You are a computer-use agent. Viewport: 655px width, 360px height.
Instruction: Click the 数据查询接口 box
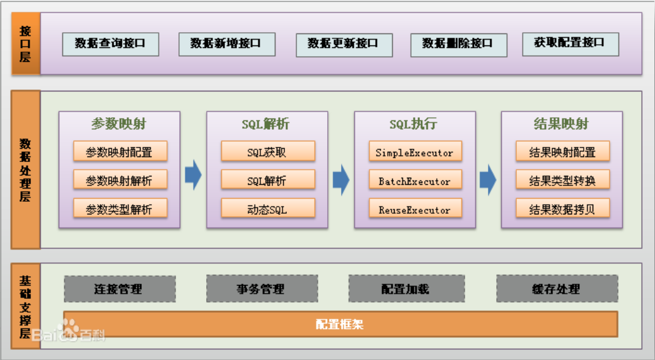(x=110, y=44)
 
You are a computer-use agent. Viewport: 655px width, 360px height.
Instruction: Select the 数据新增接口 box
(x=226, y=44)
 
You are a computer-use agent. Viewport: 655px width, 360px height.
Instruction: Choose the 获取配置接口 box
(x=570, y=44)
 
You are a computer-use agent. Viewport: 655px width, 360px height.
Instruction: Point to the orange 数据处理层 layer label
(x=26, y=170)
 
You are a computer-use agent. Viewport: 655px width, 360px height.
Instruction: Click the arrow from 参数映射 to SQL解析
(x=193, y=176)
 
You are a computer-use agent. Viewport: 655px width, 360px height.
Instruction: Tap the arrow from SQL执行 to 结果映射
(x=487, y=180)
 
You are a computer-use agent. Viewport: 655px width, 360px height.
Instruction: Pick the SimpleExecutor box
(x=415, y=153)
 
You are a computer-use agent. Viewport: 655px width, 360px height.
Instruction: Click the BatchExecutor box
(x=415, y=182)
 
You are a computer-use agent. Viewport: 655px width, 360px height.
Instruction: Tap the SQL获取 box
(x=267, y=152)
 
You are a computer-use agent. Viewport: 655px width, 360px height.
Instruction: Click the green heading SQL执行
(x=414, y=124)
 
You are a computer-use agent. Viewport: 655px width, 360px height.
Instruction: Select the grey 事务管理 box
(x=261, y=289)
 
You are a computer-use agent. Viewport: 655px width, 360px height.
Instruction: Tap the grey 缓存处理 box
(x=556, y=289)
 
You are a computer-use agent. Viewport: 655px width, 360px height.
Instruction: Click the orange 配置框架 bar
(x=340, y=325)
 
